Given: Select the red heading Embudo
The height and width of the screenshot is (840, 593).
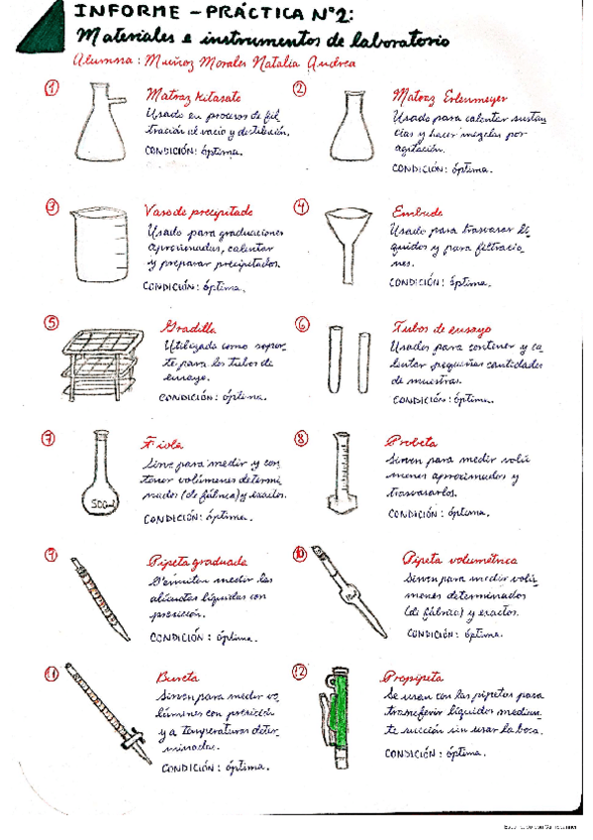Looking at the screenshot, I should click(x=416, y=211).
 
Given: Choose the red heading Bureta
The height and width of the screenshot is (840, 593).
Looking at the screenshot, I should click(x=178, y=677).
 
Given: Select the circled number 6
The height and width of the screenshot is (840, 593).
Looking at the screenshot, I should click(x=302, y=325).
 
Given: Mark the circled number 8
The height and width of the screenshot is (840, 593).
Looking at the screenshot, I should click(x=301, y=438).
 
